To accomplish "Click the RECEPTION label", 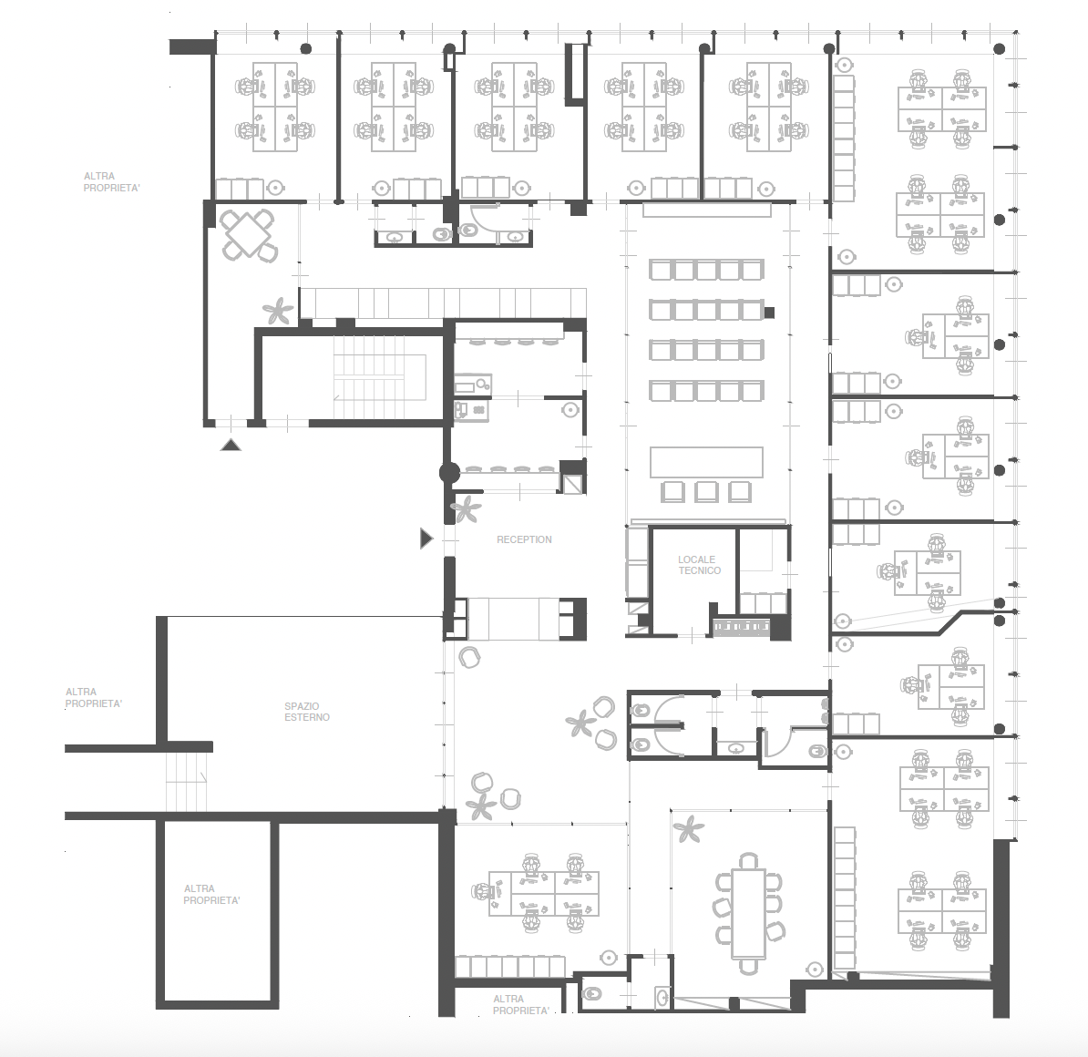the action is tap(524, 539).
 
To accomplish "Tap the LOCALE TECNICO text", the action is tap(700, 565).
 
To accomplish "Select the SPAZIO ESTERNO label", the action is tap(307, 712).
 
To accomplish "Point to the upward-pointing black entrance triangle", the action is tap(231, 445).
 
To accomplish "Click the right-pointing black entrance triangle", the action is tap(426, 538).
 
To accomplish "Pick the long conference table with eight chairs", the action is tap(748, 913).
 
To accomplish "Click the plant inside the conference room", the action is tap(688, 828).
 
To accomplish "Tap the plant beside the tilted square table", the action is tap(278, 311).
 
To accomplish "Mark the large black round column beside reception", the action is tap(449, 473).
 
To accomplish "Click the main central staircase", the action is tap(380, 377).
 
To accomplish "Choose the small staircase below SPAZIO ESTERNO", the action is tap(186, 782).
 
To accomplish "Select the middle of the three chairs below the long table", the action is tap(706, 491).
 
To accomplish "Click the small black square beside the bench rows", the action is tap(769, 313).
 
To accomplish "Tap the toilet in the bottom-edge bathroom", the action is tap(592, 994).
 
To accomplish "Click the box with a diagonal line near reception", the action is tap(572, 483).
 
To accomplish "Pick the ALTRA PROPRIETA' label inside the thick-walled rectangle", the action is tap(211, 894).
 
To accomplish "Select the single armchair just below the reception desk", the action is tap(470, 657).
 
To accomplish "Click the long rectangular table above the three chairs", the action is tap(706, 462).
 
